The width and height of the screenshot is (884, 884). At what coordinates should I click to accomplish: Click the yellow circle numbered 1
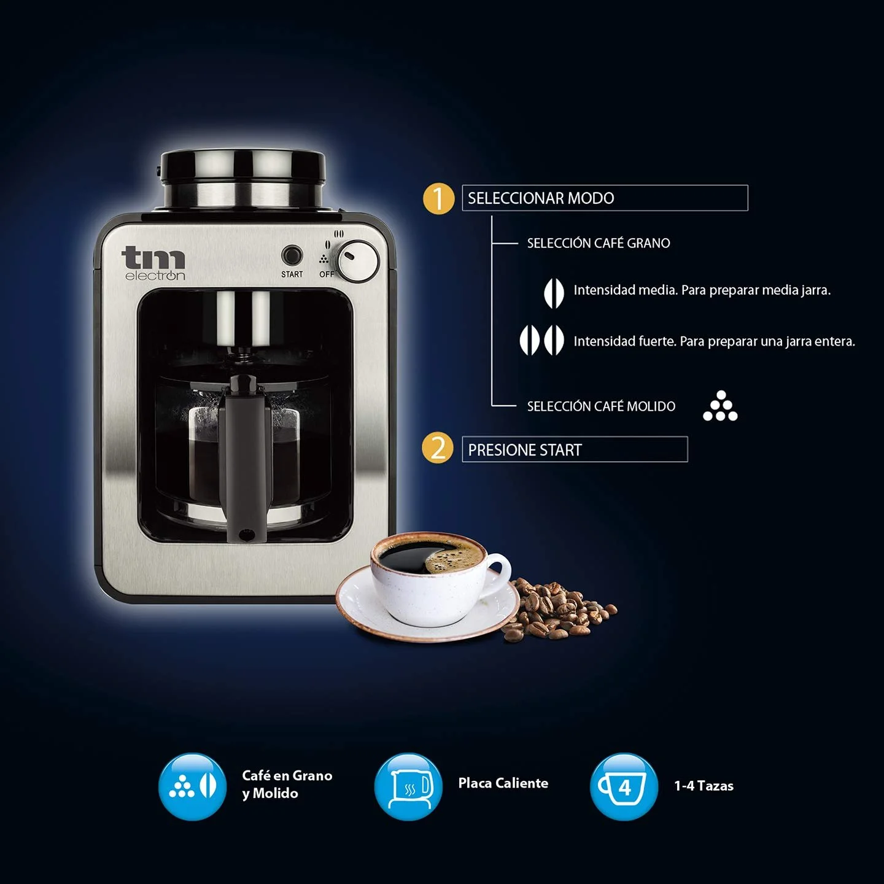pyautogui.click(x=438, y=199)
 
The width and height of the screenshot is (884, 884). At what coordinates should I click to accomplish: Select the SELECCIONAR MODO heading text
pyautogui.click(x=541, y=198)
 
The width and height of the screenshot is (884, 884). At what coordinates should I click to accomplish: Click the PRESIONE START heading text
pyautogui.click(x=525, y=450)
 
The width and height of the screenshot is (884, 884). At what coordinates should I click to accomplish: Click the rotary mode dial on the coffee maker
pyautogui.click(x=359, y=261)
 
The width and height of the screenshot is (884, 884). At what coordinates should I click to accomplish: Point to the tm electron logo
pyautogui.click(x=153, y=263)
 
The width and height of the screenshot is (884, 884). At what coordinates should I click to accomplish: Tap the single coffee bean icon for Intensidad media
pyautogui.click(x=554, y=293)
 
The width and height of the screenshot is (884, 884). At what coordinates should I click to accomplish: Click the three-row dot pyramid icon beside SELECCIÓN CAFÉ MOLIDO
pyautogui.click(x=720, y=406)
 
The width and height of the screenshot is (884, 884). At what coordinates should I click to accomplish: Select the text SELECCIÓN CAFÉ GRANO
pyautogui.click(x=598, y=243)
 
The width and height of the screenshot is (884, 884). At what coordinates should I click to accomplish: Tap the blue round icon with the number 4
pyautogui.click(x=624, y=786)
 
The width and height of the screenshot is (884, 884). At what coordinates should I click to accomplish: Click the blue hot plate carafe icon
pyautogui.click(x=408, y=786)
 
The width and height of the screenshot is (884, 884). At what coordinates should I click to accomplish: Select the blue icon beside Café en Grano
pyautogui.click(x=193, y=786)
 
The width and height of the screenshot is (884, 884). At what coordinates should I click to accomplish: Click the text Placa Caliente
pyautogui.click(x=503, y=783)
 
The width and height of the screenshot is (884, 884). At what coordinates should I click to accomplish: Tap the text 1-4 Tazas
pyautogui.click(x=704, y=786)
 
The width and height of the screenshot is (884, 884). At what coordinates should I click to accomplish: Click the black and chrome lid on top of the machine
pyautogui.click(x=242, y=181)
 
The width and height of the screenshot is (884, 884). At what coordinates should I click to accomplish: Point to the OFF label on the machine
pyautogui.click(x=327, y=274)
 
